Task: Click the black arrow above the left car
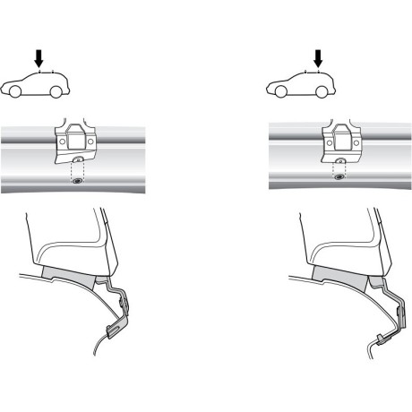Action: [38, 57]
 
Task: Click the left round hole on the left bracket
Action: [61, 141]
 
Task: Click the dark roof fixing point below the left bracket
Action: [77, 180]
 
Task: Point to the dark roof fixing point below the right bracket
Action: [339, 176]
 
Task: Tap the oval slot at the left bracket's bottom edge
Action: [78, 160]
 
